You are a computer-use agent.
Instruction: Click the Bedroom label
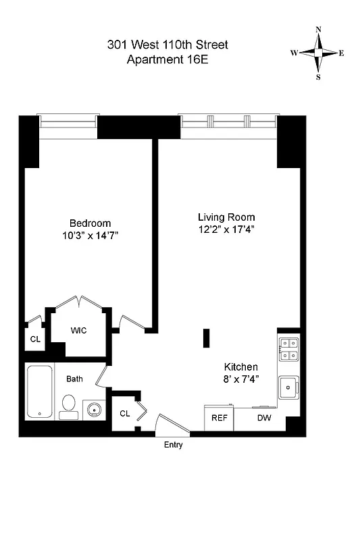[x=90, y=223]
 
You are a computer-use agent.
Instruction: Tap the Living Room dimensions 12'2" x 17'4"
[x=226, y=230]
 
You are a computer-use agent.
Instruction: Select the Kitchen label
[x=241, y=367]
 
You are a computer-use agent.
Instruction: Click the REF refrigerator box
[x=220, y=418]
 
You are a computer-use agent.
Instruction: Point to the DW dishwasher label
[x=264, y=418]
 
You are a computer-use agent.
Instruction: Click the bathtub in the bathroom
[x=38, y=392]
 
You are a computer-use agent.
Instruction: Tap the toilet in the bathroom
[x=68, y=405]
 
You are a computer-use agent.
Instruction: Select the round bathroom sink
[x=94, y=409]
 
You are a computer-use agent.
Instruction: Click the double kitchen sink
[x=288, y=348]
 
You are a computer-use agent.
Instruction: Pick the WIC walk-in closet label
[x=79, y=331]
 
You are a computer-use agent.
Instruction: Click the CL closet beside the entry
[x=125, y=412]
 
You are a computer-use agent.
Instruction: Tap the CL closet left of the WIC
[x=34, y=339]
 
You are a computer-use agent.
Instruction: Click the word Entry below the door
[x=173, y=445]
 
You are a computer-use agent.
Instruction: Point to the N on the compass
[x=318, y=30]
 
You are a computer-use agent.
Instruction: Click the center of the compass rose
[x=318, y=53]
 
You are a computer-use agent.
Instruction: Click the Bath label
[x=74, y=379]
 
